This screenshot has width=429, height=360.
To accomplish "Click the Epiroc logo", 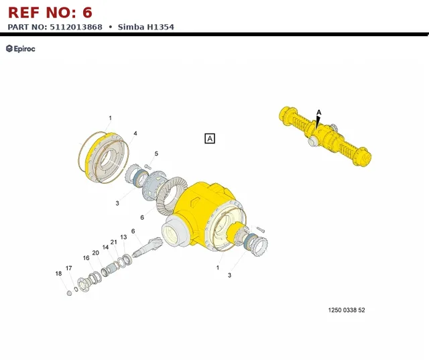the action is (x=21, y=49).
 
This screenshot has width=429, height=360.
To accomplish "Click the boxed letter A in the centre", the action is (x=210, y=139).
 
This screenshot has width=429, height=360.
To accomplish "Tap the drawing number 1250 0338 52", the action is (x=347, y=310).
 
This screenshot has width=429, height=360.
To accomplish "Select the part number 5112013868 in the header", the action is (x=76, y=27).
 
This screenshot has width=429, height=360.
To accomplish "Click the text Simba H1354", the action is (x=146, y=27).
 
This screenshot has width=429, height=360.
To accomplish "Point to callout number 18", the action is (x=58, y=274).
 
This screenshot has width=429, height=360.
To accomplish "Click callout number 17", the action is (x=68, y=268).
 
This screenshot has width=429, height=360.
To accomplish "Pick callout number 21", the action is (x=113, y=242).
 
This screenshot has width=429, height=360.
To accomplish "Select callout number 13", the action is (x=123, y=237).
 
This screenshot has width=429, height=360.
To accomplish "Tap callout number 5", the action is (x=156, y=154).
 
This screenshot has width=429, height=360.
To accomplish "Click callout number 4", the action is (x=135, y=133).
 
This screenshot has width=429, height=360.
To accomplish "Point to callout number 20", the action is (x=95, y=253).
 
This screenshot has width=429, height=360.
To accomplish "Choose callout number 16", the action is (x=86, y=258).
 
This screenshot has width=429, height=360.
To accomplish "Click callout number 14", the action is (x=105, y=247).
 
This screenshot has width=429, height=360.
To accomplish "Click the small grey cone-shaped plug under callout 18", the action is (x=69, y=293).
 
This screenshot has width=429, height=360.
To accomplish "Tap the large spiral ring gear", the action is (x=172, y=195).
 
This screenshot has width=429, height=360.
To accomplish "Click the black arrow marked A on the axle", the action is (x=318, y=122).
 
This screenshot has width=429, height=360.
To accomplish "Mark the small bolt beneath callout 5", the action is (x=147, y=166).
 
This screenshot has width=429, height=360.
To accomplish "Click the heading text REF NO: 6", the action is (x=50, y=13).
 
